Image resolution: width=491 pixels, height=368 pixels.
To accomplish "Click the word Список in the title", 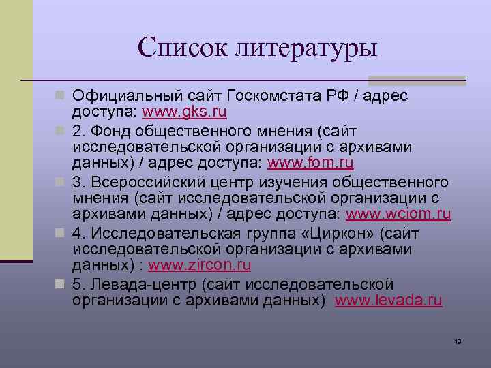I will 182,47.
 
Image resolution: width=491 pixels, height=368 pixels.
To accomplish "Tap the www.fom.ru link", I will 310,164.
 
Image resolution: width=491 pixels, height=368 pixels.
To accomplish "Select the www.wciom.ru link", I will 398,215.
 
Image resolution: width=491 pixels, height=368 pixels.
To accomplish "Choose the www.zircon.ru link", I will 199,266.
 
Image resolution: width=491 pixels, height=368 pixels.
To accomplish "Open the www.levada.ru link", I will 389,301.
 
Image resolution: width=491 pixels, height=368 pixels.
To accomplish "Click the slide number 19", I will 458,341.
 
